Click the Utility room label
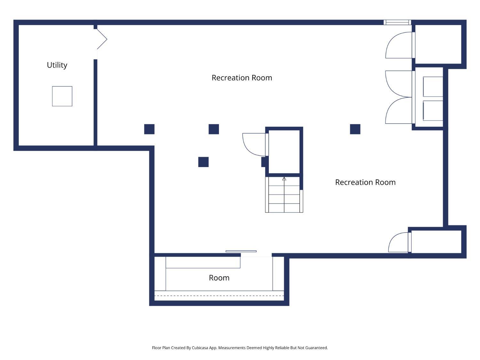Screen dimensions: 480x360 57,65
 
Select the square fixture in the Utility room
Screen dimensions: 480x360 62,96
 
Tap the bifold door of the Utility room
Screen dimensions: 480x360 102,39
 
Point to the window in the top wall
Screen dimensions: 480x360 397,22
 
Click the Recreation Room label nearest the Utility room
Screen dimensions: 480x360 242,77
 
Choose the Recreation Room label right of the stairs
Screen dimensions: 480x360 365,182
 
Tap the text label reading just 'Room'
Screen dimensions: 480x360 219,278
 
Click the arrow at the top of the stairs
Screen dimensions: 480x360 284,179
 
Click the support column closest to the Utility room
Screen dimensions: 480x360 149,129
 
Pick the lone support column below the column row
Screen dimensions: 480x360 204,162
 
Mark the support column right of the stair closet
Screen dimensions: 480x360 355,129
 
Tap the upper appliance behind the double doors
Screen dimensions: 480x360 433,86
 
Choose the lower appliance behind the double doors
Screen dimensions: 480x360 433,111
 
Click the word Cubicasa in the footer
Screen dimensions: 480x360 200,348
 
